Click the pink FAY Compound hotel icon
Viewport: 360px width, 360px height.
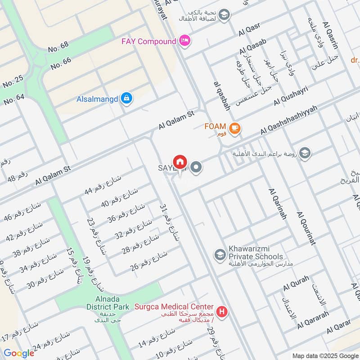coord(184,41)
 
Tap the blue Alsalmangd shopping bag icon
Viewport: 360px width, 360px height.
coord(127,98)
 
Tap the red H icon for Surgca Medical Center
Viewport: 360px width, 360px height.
coord(221,311)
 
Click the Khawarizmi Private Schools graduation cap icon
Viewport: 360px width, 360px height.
coord(220,255)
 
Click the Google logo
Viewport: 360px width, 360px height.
coord(18,353)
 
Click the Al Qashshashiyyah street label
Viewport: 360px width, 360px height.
coord(289,120)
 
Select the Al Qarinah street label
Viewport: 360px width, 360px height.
coord(277,204)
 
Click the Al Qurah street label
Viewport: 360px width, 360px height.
coord(296,283)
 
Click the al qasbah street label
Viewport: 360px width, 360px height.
coord(222,96)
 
